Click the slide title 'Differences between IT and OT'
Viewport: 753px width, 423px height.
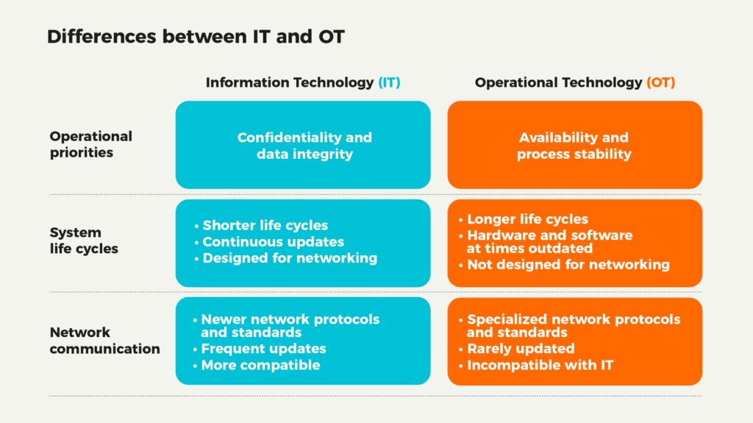(196, 37)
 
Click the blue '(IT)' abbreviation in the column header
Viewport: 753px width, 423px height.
(390, 82)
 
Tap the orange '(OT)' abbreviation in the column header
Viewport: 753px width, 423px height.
(661, 82)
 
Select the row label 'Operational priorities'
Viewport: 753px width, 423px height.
(90, 144)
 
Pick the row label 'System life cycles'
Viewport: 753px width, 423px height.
(84, 241)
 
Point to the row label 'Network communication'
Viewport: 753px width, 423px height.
(104, 341)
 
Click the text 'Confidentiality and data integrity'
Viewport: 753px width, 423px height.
(304, 146)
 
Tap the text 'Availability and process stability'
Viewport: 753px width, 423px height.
(574, 146)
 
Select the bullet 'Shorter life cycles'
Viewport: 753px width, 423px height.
(265, 225)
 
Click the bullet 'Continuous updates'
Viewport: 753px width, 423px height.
(274, 242)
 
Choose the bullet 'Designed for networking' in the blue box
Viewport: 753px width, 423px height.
(290, 258)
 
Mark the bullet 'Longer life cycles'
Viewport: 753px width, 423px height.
(528, 219)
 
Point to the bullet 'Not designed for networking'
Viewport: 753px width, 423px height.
(568, 265)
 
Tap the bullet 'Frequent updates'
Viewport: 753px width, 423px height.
(264, 349)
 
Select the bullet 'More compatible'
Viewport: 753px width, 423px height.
(261, 366)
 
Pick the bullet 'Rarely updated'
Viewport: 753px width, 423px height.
(521, 349)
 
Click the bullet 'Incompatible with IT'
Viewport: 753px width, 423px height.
(540, 366)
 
